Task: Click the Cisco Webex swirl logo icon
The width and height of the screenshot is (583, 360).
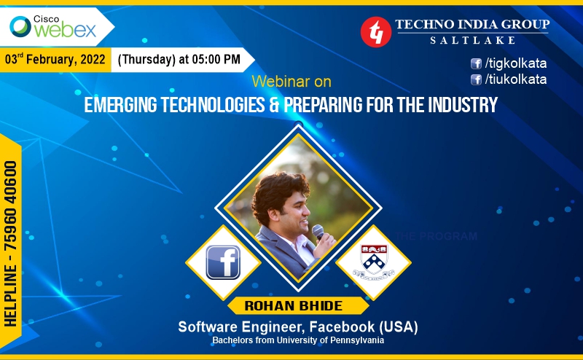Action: click(20, 27)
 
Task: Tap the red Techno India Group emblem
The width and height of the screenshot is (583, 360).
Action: click(376, 32)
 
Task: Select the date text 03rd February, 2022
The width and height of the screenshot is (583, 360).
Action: click(55, 60)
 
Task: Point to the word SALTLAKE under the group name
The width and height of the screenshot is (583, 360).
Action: click(472, 40)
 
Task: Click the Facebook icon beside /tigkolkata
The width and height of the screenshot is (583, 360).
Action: click(476, 63)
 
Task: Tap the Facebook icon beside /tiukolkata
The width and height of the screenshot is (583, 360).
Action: click(476, 79)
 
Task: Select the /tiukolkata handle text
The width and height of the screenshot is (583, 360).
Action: click(516, 79)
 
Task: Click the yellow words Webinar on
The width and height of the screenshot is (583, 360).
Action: click(291, 82)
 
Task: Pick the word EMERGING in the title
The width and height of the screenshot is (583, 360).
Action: click(120, 105)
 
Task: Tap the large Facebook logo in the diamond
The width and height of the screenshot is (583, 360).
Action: click(223, 262)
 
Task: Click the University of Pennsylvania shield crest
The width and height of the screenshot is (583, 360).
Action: click(374, 258)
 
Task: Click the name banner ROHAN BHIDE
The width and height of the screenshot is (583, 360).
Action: click(294, 305)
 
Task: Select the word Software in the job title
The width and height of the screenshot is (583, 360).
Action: click(208, 327)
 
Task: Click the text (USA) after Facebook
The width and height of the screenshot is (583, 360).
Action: click(399, 327)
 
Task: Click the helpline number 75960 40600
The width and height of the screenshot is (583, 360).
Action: click(10, 206)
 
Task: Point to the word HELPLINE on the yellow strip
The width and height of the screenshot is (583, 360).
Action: click(10, 296)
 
